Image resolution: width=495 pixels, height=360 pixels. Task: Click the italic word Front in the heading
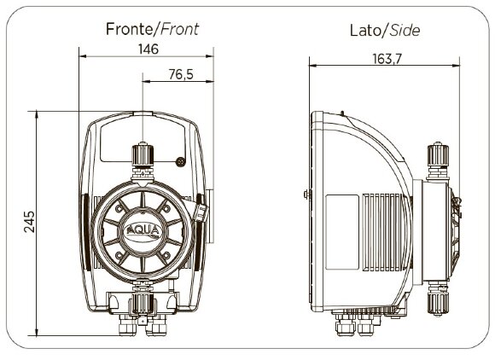pyautogui.click(x=180, y=28)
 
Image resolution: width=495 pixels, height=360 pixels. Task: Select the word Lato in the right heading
pyautogui.click(x=366, y=31)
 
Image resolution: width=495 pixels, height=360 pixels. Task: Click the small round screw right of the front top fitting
pyautogui.click(x=181, y=160)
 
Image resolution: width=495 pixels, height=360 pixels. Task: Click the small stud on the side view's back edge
pyautogui.click(x=305, y=195)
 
